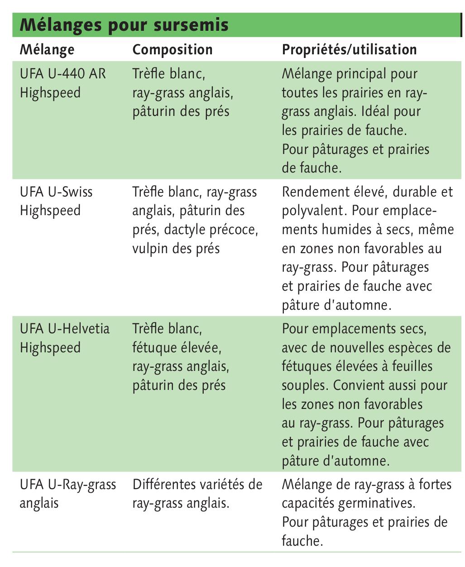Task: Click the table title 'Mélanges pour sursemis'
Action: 124,24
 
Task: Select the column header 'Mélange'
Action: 47,49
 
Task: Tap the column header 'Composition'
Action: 173,49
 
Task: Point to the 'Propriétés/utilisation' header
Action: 349,49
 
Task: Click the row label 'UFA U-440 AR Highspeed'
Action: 62,83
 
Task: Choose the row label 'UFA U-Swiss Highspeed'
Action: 56,201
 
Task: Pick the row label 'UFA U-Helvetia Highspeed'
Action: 65,338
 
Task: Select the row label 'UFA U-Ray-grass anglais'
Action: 68,494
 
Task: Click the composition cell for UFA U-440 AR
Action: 183,92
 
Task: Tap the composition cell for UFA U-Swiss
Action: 195,220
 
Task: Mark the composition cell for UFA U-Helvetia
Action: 181,357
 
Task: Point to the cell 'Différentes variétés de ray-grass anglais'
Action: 197,494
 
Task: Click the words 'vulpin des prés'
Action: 176,249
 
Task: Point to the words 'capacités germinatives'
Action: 347,503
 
